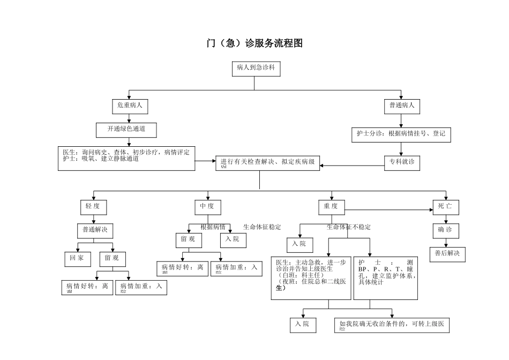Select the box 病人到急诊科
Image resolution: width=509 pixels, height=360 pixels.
[x=255, y=68]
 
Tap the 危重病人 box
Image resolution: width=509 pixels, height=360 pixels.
[x=130, y=106]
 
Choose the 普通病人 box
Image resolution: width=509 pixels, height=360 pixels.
[x=402, y=106]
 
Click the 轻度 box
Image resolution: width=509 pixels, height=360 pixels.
[x=93, y=207]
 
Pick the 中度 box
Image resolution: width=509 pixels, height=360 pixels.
[x=207, y=207]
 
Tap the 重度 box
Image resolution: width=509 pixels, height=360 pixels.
[x=331, y=207]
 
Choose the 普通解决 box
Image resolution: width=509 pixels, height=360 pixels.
[x=94, y=230]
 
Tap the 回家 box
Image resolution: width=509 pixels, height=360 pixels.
[x=77, y=259]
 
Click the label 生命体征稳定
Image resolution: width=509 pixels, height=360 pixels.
[x=262, y=227]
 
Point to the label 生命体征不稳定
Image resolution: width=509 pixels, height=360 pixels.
[x=348, y=227]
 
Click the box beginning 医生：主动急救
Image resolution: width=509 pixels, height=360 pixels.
[x=311, y=276]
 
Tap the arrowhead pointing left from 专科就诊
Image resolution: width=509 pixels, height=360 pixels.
[x=323, y=165]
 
